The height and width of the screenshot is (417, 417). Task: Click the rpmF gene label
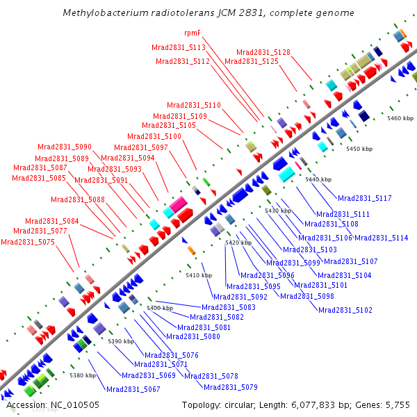pyautogui.click(x=193, y=33)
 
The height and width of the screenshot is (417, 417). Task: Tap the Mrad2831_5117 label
pyautogui.click(x=365, y=198)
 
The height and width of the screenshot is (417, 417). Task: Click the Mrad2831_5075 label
pyautogui.click(x=28, y=242)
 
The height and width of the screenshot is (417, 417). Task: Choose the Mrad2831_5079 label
pyautogui.click(x=231, y=387)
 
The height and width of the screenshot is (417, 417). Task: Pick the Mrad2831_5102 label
pyautogui.click(x=345, y=310)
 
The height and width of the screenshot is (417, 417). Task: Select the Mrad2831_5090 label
pyautogui.click(x=65, y=147)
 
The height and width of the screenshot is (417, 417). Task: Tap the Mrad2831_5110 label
pyautogui.click(x=194, y=105)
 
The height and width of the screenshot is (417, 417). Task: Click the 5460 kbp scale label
pyautogui.click(x=400, y=119)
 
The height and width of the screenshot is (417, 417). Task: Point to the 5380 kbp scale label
pyautogui.click(x=83, y=375)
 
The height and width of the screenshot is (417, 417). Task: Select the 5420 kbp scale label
pyautogui.click(x=238, y=243)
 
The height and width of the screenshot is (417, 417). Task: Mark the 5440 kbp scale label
pyautogui.click(x=318, y=180)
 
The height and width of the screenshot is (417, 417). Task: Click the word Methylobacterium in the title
pyautogui.click(x=106, y=13)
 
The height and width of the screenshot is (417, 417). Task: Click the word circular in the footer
pyautogui.click(x=242, y=404)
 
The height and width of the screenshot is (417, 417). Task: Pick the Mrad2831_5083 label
pyautogui.click(x=229, y=307)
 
